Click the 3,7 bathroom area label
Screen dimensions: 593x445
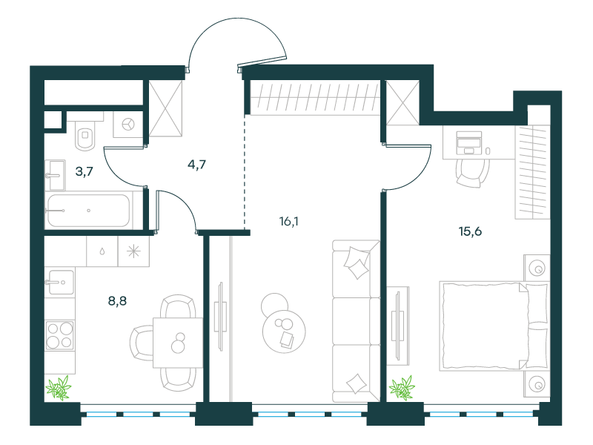[84, 171]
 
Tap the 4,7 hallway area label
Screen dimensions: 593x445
[196, 165]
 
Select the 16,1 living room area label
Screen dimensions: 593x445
[288, 221]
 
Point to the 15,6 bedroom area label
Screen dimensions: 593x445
[470, 231]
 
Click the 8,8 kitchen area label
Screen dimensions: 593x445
[117, 301]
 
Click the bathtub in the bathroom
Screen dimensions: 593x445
[88, 211]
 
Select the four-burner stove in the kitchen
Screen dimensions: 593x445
[60, 335]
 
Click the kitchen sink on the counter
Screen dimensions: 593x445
[60, 282]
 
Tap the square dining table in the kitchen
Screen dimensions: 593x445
[178, 343]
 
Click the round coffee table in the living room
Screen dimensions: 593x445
[284, 332]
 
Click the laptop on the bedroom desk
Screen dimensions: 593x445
[469, 142]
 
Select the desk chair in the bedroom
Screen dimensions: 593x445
[470, 173]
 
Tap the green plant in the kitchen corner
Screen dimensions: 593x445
[59, 387]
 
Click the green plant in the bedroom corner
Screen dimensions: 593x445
[402, 387]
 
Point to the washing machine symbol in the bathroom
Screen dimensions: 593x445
[128, 124]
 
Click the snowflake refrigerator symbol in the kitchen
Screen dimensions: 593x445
[133, 251]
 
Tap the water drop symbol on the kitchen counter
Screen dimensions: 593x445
[102, 251]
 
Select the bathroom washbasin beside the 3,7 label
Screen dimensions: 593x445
[55, 175]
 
